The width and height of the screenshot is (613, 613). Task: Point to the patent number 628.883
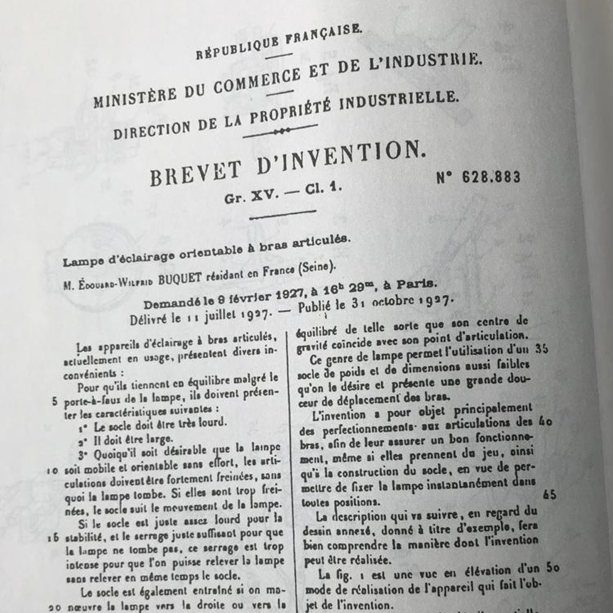pos(479,177)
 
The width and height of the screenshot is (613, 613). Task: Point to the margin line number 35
pos(541,348)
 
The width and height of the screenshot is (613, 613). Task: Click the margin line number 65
pos(549,495)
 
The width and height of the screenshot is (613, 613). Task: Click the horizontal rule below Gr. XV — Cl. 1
pos(283,214)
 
